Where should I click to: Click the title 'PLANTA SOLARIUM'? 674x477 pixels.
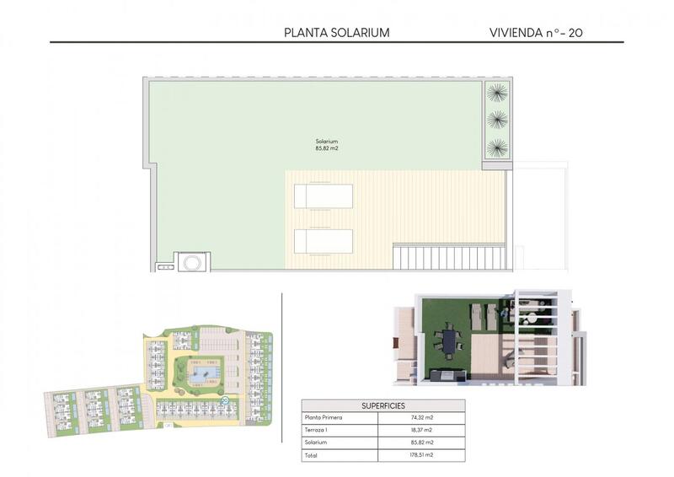[x=337, y=33]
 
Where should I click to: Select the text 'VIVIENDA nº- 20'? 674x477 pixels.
[x=536, y=33]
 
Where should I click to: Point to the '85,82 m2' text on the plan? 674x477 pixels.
[x=327, y=149]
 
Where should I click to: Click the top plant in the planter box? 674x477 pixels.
[x=497, y=90]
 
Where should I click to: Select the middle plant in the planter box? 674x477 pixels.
[x=497, y=119]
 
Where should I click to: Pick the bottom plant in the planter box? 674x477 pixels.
[x=497, y=147]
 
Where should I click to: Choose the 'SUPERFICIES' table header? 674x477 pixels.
[x=383, y=405]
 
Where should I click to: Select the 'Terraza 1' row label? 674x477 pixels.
[x=317, y=430]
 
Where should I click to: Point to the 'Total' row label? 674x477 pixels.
[x=311, y=455]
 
